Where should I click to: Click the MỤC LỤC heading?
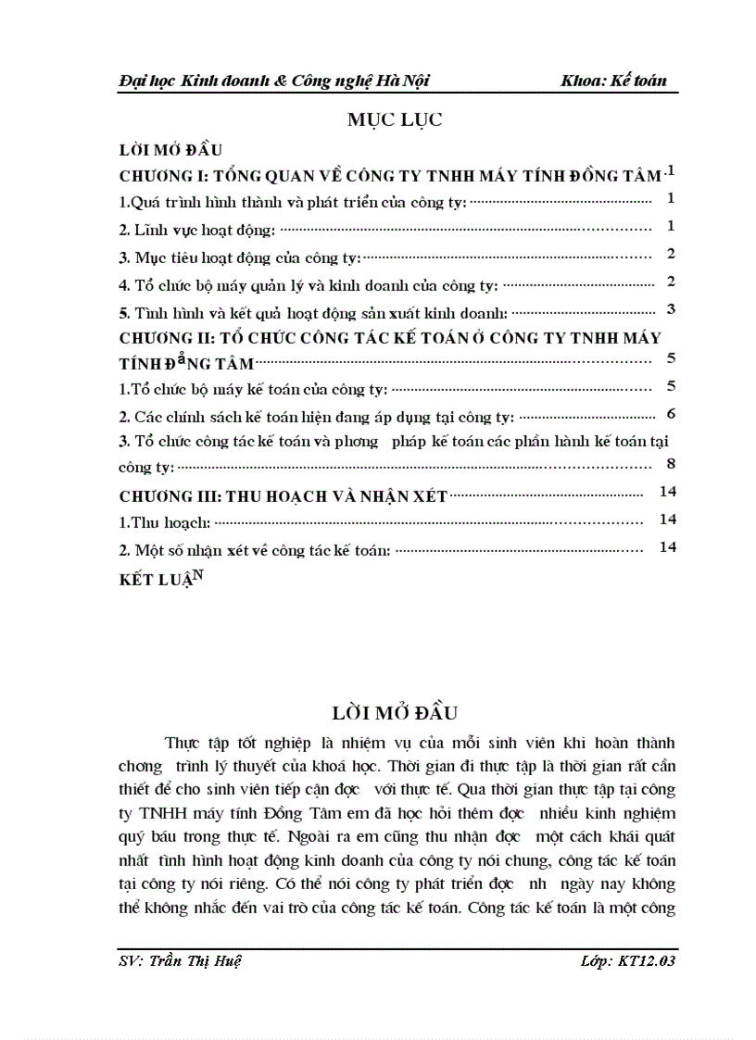point(395,119)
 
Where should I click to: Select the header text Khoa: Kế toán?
point(613,81)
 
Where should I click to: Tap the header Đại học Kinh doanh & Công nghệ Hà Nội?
point(267,81)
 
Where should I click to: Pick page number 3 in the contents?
point(670,309)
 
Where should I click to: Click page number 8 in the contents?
point(670,464)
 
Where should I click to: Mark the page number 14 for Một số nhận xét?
point(668,547)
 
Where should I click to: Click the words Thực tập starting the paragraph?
point(195,743)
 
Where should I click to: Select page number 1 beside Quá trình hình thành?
point(670,198)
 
